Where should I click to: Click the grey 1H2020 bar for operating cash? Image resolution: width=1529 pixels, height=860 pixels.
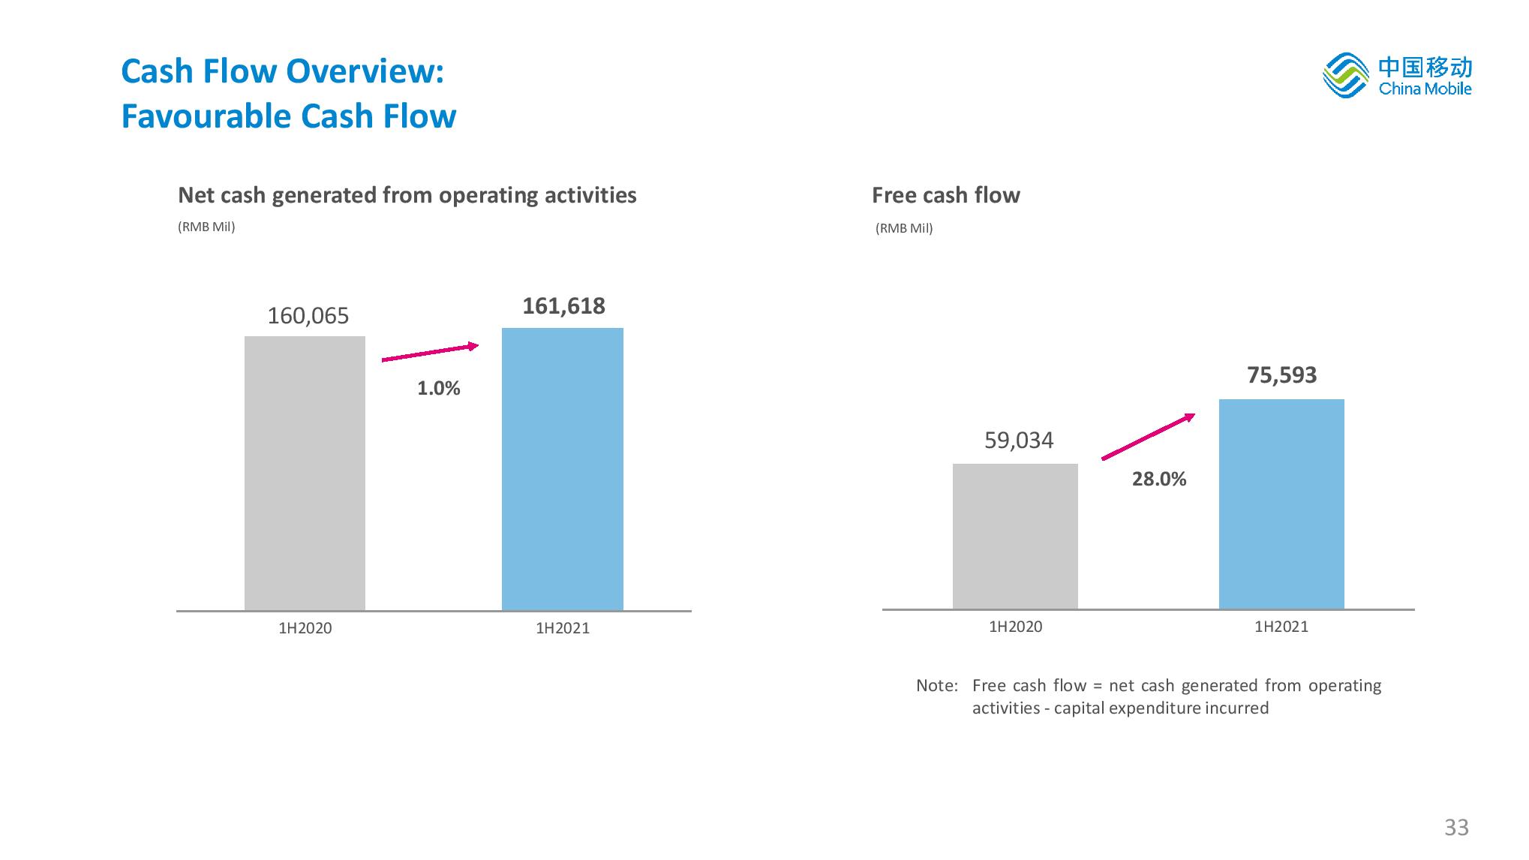tap(305, 473)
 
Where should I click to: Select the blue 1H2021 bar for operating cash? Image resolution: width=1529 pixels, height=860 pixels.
tap(562, 469)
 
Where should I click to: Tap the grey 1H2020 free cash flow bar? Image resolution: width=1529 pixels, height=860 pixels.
tap(1015, 536)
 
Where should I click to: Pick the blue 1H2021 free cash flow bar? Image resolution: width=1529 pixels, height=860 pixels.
tap(1281, 504)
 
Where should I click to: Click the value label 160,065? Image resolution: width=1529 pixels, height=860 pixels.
tap(308, 316)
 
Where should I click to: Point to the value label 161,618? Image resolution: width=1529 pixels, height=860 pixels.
tap(563, 306)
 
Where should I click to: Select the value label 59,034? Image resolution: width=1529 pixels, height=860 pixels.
tap(1019, 441)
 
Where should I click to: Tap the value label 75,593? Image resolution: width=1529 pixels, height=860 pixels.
tap(1281, 375)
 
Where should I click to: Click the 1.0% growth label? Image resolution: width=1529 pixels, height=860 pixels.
tap(438, 389)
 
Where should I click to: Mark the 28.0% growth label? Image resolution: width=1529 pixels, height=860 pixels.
tap(1159, 480)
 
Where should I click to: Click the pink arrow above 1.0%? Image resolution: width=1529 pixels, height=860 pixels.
tap(430, 353)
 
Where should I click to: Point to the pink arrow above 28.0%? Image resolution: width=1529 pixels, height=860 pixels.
tap(1148, 436)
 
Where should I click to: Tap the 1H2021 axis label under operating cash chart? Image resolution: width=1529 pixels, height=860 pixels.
tap(563, 629)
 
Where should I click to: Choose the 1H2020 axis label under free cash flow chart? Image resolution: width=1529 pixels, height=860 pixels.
tap(1015, 627)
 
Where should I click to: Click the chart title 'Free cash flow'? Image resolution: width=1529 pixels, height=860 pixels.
tap(945, 196)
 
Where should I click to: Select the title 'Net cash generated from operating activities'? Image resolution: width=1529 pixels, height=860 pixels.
tap(407, 196)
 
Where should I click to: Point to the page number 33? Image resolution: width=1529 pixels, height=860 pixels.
tap(1456, 827)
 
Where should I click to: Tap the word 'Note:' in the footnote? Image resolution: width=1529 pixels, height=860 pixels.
tap(937, 686)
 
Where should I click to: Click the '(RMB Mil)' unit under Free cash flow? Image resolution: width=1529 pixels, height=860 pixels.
tap(904, 229)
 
